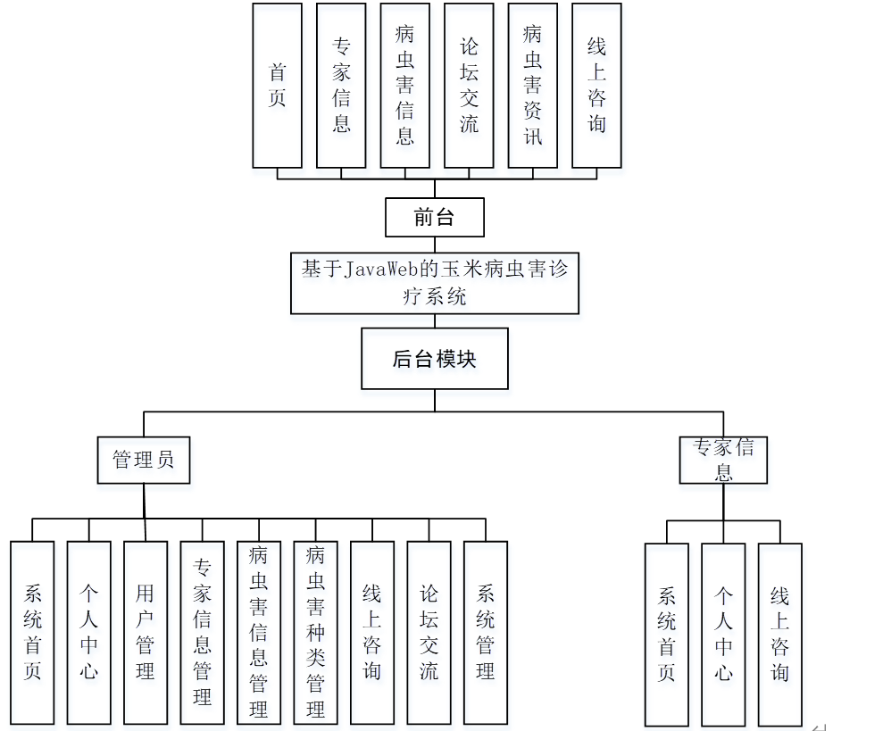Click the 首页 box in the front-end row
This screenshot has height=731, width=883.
tap(277, 86)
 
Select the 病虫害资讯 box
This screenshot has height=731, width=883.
tap(532, 86)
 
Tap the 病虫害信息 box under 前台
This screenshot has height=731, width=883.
tap(404, 86)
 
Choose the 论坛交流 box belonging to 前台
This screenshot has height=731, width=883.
tap(469, 86)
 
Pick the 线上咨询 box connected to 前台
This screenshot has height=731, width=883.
tap(596, 86)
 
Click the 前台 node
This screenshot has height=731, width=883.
tap(435, 217)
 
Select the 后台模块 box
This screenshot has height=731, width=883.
tap(435, 359)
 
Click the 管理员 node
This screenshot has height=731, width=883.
tap(144, 461)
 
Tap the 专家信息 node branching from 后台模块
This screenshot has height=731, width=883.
tap(723, 461)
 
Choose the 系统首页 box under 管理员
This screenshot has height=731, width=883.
tap(33, 632)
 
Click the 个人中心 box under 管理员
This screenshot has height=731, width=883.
tap(88, 632)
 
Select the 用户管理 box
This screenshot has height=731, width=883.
tap(146, 632)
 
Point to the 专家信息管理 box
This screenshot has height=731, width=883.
tap(202, 632)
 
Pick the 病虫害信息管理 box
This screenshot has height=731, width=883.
tap(259, 632)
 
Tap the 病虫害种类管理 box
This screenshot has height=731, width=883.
tap(315, 632)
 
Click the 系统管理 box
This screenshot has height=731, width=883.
tap(486, 632)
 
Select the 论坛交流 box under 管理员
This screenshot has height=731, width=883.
tap(429, 632)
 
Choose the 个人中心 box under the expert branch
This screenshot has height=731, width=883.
tap(723, 634)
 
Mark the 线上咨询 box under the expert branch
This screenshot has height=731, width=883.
tap(780, 634)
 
